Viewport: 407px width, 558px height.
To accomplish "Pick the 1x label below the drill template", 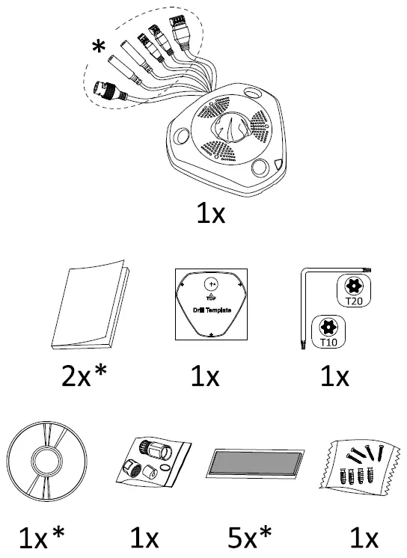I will tap(205, 376).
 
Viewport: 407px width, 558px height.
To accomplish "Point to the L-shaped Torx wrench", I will tap(303, 307).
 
